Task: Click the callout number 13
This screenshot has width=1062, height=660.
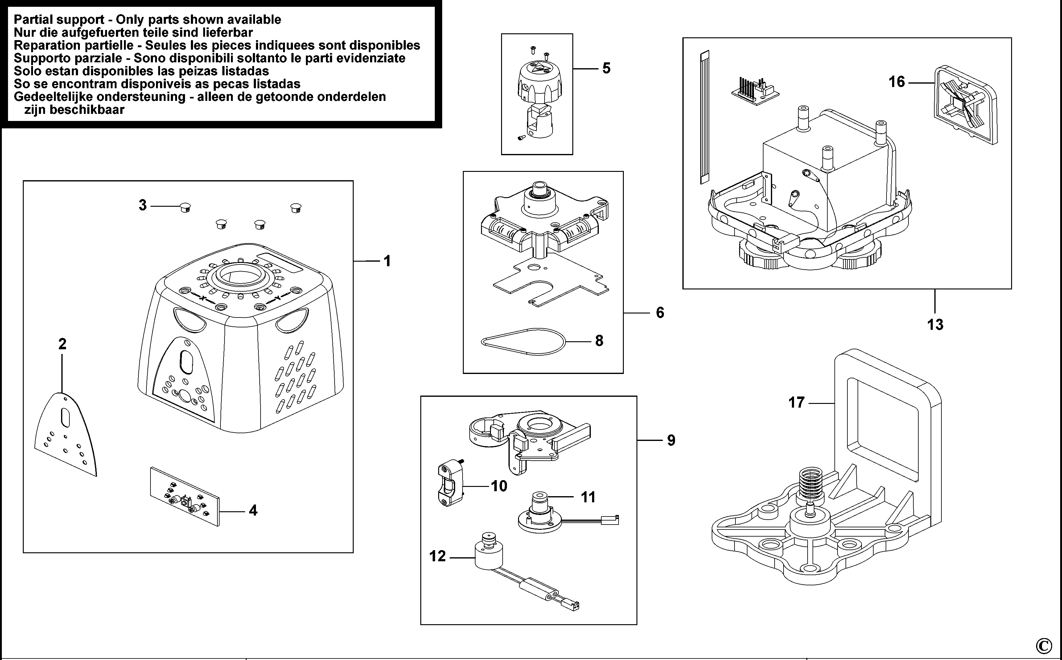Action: pos(935,325)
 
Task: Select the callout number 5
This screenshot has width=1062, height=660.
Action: pos(606,68)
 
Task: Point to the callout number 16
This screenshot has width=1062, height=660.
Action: pos(897,82)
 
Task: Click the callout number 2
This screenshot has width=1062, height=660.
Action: pos(62,344)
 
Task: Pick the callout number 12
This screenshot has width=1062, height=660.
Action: pos(438,556)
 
